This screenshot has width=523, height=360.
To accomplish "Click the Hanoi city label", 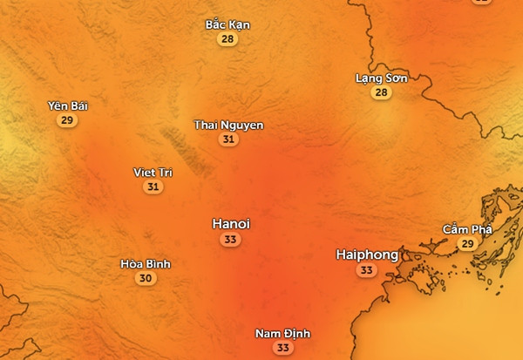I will pyautogui.click(x=231, y=224).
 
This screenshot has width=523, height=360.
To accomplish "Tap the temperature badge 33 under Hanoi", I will pyautogui.click(x=231, y=240).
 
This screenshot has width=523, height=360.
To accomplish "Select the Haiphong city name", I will pyautogui.click(x=367, y=255).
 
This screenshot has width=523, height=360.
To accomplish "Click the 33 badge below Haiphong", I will pyautogui.click(x=366, y=271).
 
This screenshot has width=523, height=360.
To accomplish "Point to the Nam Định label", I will pyautogui.click(x=282, y=334).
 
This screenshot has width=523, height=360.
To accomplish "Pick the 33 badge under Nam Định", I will pyautogui.click(x=282, y=348).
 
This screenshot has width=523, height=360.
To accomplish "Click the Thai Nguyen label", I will pyautogui.click(x=228, y=126).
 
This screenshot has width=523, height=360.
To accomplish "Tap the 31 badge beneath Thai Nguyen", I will pyautogui.click(x=228, y=139).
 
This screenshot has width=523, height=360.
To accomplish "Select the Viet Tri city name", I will pyautogui.click(x=153, y=173).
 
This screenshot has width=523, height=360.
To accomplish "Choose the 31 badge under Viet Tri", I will pyautogui.click(x=153, y=187).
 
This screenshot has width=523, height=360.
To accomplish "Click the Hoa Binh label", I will pyautogui.click(x=146, y=264).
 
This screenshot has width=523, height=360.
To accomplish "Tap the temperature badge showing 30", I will pyautogui.click(x=146, y=279).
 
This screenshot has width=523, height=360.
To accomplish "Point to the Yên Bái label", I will pyautogui.click(x=68, y=106).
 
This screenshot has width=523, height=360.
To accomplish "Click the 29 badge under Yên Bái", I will pyautogui.click(x=68, y=120).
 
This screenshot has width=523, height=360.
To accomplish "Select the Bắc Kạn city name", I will pyautogui.click(x=228, y=25).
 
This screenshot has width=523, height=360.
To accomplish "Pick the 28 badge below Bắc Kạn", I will pyautogui.click(x=228, y=39).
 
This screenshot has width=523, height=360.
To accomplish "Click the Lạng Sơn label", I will pyautogui.click(x=381, y=78).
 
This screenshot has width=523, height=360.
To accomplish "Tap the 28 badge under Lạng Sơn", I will pyautogui.click(x=381, y=92).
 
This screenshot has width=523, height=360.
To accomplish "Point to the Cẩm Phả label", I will pyautogui.click(x=467, y=229).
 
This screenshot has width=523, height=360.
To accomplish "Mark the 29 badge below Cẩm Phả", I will pyautogui.click(x=467, y=244).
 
